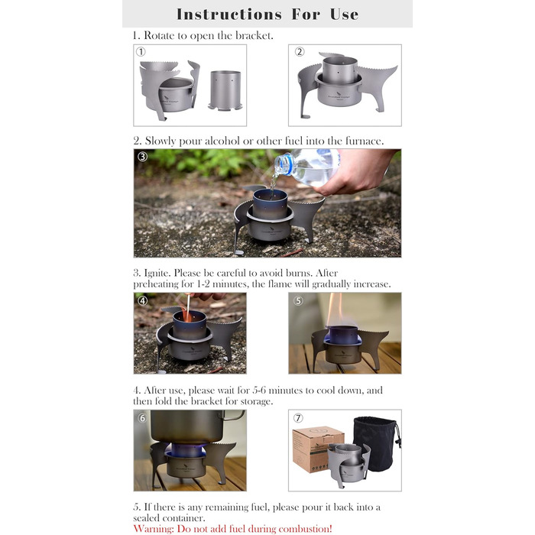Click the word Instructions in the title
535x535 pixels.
click(229, 15)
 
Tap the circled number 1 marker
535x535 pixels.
click(141, 51)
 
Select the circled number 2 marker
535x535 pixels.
click(300, 51)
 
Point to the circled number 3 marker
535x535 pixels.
click(142, 157)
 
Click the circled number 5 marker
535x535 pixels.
click(298, 300)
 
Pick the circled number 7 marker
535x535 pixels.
click(298, 418)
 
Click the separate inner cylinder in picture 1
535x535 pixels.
click(225, 90)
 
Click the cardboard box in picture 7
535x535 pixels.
click(314, 449)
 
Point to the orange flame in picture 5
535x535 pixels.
click(335, 310)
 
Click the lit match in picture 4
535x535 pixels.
click(187, 308)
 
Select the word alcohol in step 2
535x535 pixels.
click(222, 141)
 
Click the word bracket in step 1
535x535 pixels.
click(254, 35)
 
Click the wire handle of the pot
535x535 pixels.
click(235, 416)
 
